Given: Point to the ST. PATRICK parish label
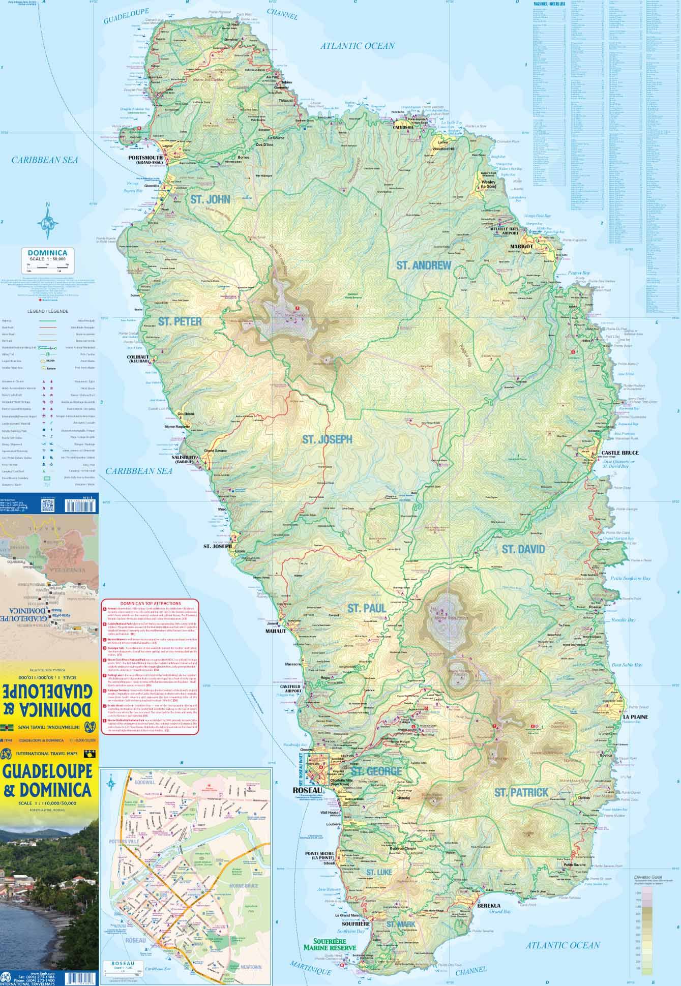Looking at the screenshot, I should [x=521, y=792].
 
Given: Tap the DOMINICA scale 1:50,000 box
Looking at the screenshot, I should [x=48, y=255].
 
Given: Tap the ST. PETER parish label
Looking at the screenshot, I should [x=180, y=321].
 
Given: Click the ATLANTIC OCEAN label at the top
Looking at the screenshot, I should [x=357, y=46].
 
